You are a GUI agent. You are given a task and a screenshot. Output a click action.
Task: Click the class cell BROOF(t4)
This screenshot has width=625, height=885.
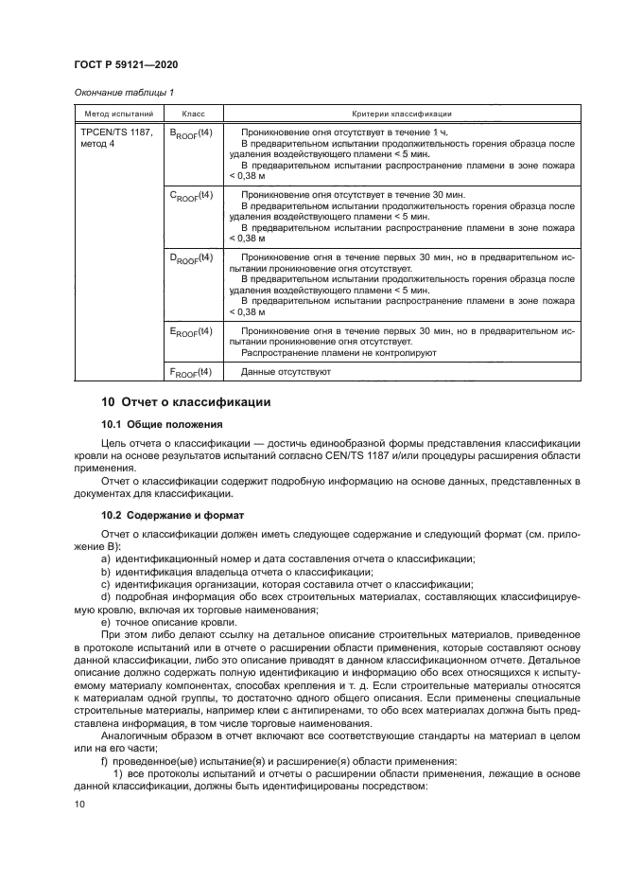click(191, 133)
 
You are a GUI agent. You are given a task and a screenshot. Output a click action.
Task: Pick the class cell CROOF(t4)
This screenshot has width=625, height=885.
click(191, 196)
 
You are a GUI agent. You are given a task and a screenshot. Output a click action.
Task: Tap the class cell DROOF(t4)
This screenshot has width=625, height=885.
click(191, 257)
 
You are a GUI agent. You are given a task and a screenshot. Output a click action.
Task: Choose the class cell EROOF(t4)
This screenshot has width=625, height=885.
click(191, 331)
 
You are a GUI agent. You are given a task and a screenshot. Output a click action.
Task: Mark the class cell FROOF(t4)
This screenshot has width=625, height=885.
click(191, 372)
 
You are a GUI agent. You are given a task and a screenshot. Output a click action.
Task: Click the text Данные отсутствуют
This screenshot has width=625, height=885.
click(286, 372)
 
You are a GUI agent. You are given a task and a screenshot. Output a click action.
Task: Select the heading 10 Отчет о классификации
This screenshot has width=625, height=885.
click(185, 402)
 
